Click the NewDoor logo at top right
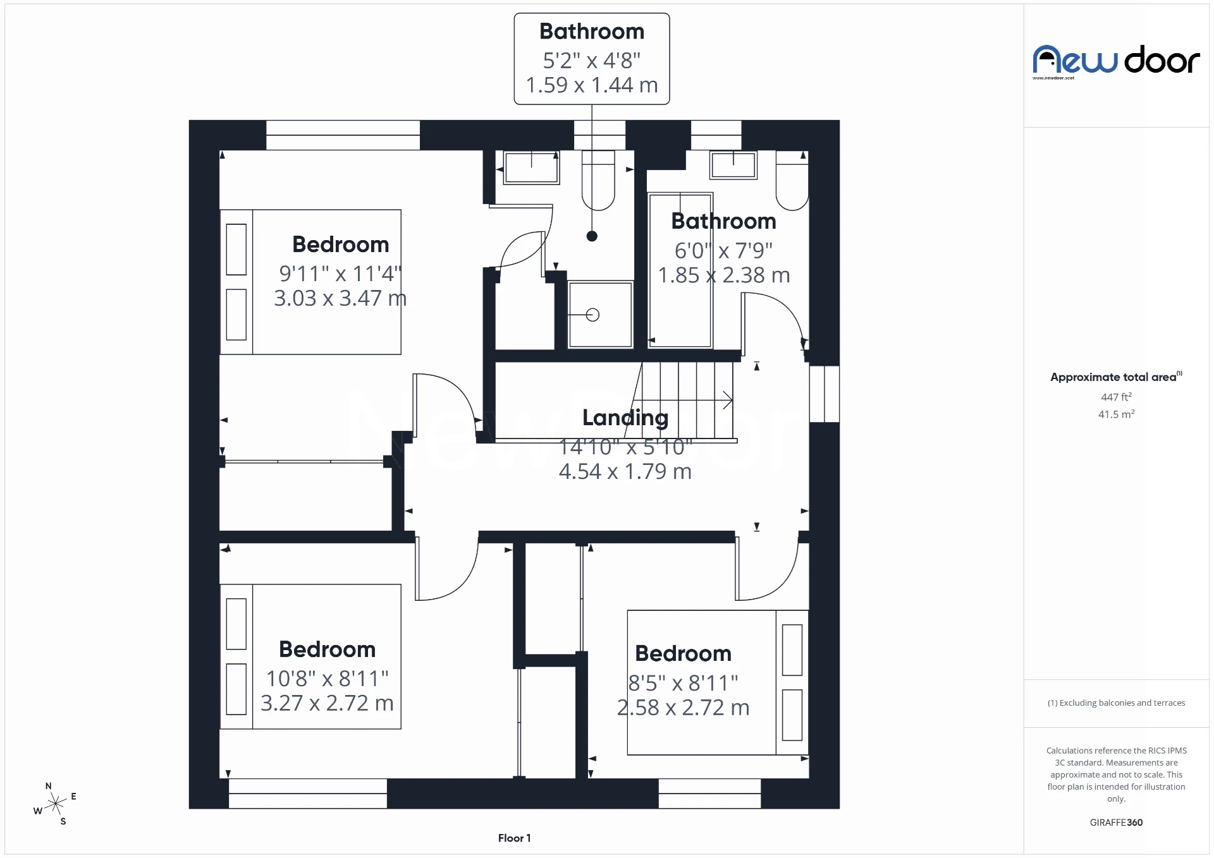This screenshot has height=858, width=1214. coord(1116,61)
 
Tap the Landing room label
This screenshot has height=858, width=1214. coord(625,418)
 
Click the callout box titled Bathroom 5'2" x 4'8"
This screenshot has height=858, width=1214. coord(591,59)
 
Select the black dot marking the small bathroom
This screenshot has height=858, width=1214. coord(592,236)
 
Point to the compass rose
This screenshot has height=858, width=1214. coord(56,804)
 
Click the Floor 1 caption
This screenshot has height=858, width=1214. coord(514,838)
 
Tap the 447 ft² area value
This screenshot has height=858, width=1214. coord(1116,397)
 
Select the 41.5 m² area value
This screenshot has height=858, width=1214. coord(1116,414)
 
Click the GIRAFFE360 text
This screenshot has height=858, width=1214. coord(1116,822)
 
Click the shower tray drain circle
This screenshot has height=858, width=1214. coord(592,315)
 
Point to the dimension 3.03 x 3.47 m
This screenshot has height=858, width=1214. coord(340,298)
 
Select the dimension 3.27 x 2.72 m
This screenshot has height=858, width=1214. coord(327,703)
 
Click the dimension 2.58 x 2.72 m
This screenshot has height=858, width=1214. coord(683,708)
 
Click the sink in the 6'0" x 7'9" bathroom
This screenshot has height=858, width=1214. coord(733,165)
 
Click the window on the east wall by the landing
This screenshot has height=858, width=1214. coord(824,394)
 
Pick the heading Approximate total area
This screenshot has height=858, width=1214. coord(1113,377)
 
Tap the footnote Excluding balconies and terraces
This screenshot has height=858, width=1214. coord(1116,703)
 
